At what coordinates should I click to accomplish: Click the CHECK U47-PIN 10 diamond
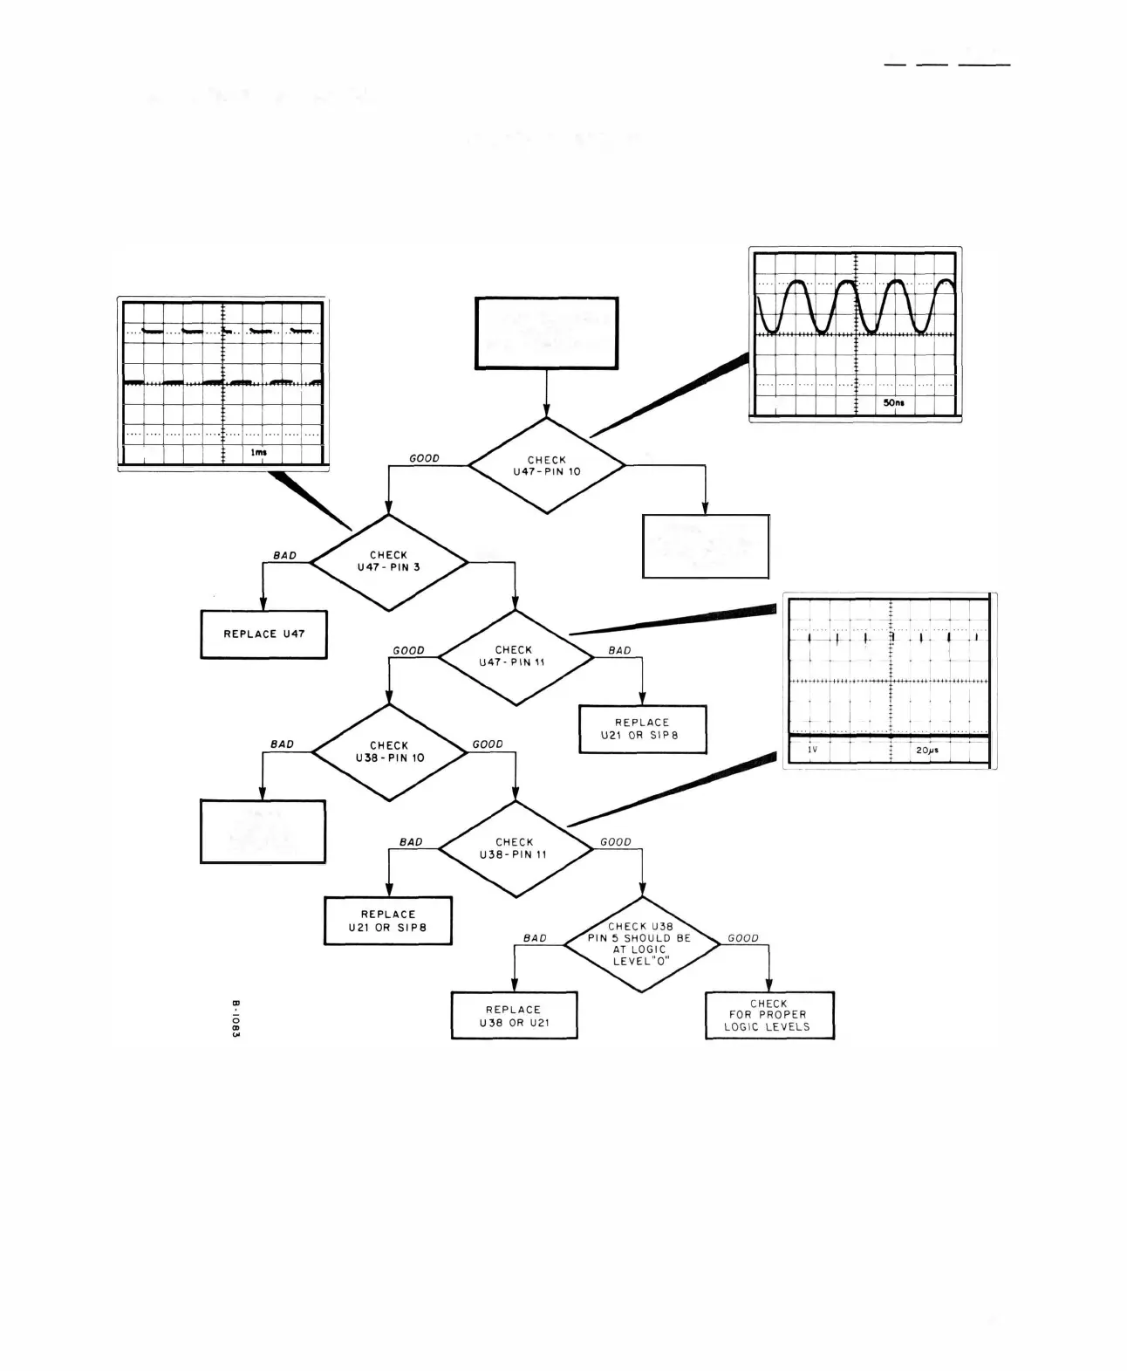coord(547,466)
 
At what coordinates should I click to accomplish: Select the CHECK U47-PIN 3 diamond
coord(389,561)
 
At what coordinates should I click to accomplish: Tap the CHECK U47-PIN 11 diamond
coord(515,656)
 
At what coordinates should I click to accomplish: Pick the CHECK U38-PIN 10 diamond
coord(389,751)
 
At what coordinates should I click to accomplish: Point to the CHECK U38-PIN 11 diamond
coord(515,848)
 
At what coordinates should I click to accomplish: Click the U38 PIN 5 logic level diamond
coord(641,944)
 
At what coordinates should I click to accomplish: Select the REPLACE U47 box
coord(263,634)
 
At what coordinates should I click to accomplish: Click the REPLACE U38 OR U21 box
coord(514,1016)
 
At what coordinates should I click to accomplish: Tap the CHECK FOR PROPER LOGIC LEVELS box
coord(768,1016)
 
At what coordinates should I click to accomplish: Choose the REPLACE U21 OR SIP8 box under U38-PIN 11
coord(388,921)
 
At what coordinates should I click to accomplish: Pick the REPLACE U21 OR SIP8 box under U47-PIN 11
coord(642,729)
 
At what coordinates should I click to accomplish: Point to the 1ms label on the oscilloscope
coord(259,452)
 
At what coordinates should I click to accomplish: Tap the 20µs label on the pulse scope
coord(927,750)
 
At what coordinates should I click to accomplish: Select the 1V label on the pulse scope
coord(812,750)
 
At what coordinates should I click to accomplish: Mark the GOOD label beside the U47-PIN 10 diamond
coord(425,458)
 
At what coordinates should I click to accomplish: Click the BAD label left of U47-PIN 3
coord(284,555)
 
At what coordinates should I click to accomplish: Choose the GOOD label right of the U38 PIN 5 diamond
coord(743,938)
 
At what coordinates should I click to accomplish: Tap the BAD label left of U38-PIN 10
coord(282,744)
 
